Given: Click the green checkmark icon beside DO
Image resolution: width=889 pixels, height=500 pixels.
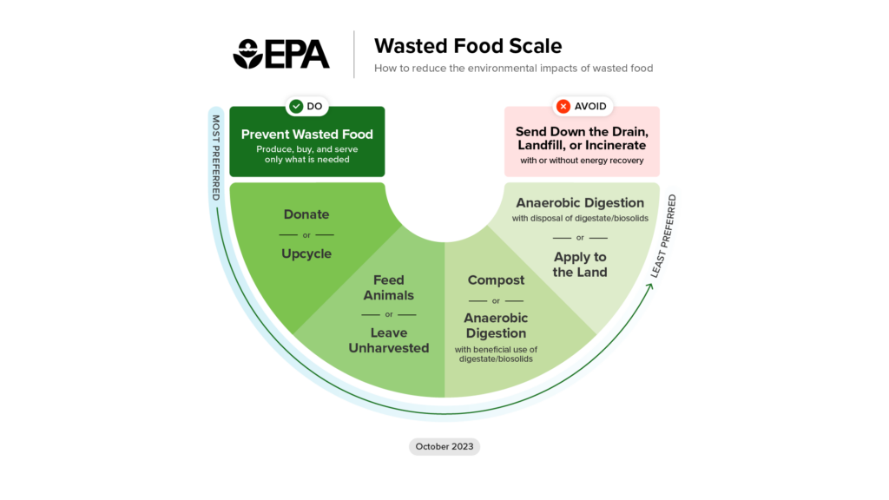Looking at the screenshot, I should pos(297,106).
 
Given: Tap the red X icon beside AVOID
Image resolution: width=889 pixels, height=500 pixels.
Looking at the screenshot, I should pos(563,106).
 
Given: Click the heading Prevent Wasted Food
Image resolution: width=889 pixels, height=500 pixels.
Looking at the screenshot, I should pos(306,134).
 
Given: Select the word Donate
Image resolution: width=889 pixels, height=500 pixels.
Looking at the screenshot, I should pos(306,214).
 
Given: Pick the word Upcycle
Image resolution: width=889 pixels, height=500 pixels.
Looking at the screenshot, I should pos(306,254).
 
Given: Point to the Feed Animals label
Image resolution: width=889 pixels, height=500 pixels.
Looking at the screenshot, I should pos(388,287).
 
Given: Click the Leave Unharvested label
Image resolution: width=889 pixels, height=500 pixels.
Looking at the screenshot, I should pos(388,340).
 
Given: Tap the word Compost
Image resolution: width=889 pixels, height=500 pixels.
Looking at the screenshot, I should pos(496,280).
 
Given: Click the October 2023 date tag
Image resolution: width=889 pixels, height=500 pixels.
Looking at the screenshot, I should pos(444,446).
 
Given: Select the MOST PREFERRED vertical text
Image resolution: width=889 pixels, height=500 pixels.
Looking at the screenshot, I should pos(216,157).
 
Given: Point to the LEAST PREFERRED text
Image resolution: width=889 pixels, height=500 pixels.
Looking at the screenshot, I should pos(664,236).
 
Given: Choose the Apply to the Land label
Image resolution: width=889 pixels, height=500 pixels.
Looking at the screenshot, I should pos(580,265).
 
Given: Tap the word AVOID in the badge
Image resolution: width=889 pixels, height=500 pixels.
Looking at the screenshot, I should pos(592,106).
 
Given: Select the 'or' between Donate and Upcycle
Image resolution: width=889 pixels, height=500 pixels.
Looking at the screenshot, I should pos(306,234).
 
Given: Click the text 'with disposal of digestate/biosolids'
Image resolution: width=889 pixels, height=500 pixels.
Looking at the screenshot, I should pos(580,218).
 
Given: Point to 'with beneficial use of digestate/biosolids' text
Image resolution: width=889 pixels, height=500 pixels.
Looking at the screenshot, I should pos(496,354).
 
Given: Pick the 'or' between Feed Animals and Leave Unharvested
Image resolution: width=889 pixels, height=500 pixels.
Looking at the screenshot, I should pos(388,314).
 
